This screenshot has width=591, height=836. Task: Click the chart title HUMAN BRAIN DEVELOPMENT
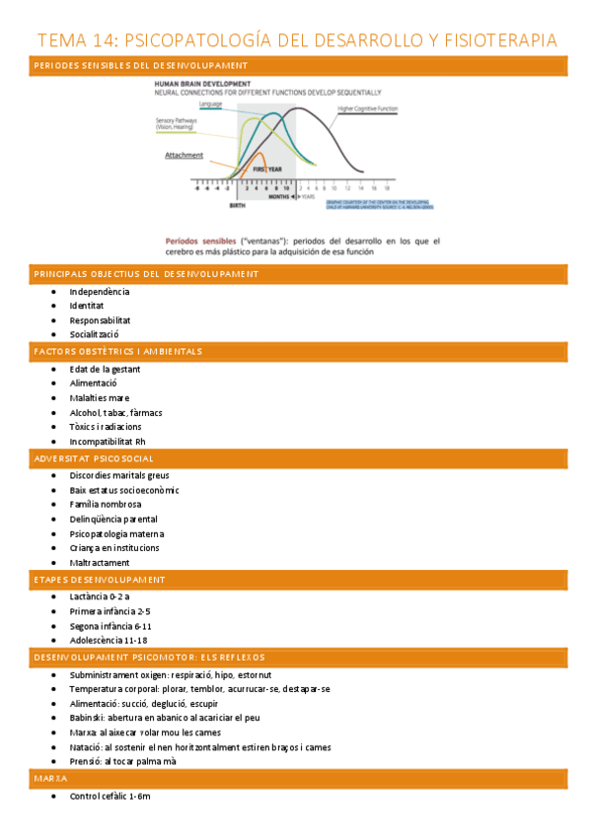point(201,84)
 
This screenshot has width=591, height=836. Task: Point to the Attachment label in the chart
point(184,155)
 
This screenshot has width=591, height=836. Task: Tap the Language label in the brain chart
point(210,104)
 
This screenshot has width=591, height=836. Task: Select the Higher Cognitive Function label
point(367,108)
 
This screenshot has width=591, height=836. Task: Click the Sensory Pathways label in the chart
point(177,123)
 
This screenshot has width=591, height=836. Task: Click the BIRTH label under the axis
point(237,206)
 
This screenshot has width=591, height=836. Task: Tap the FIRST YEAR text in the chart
point(267,170)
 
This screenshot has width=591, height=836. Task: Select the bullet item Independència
point(100,292)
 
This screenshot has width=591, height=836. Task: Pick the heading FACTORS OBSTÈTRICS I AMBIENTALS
point(117,351)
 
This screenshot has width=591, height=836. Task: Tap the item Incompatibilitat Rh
point(107,441)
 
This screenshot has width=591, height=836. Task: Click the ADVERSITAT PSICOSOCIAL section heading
point(93,458)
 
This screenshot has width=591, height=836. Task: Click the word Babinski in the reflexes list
point(87,719)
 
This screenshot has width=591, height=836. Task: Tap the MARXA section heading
point(50,779)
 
